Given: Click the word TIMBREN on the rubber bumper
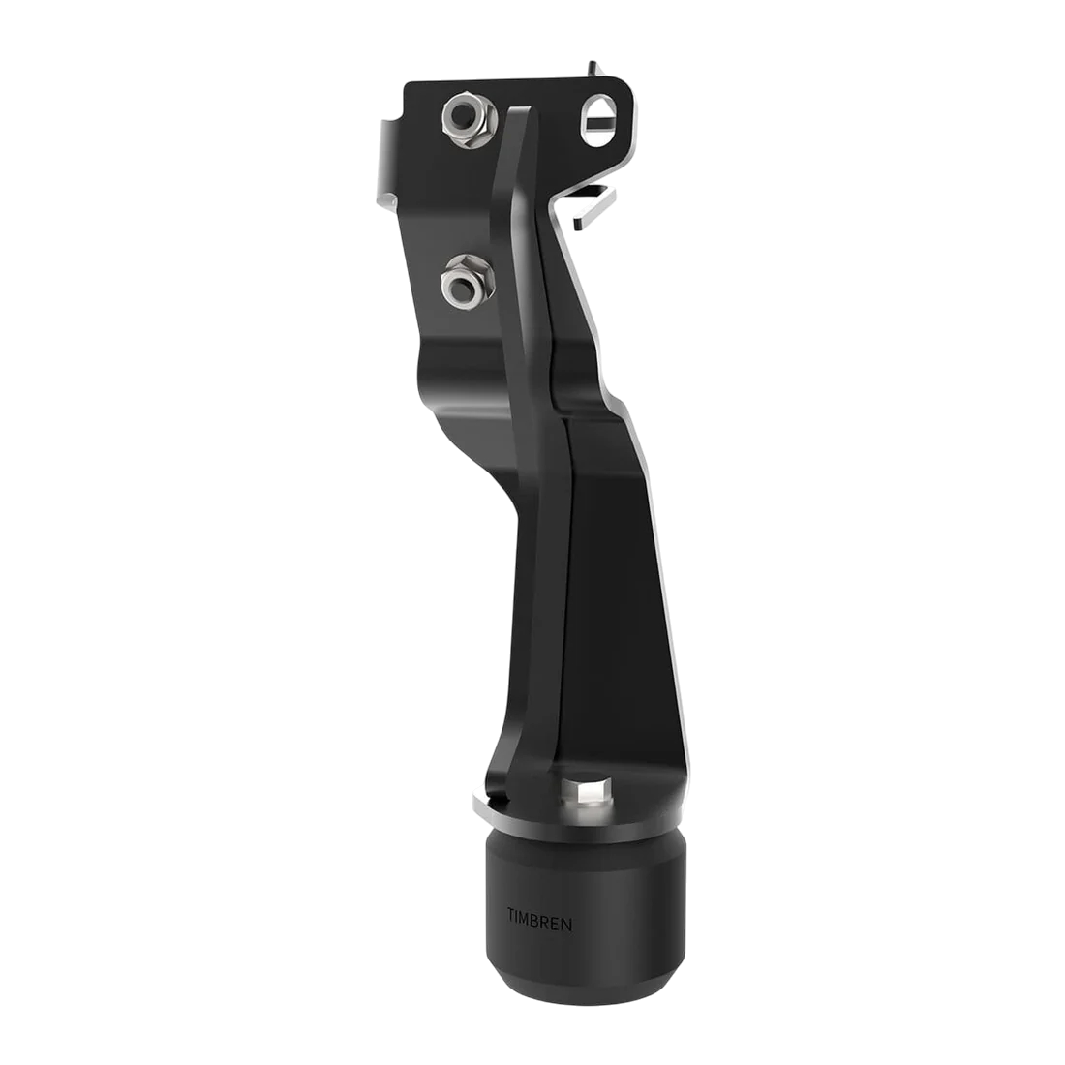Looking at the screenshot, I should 539,924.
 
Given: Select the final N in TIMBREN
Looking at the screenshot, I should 566,924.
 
